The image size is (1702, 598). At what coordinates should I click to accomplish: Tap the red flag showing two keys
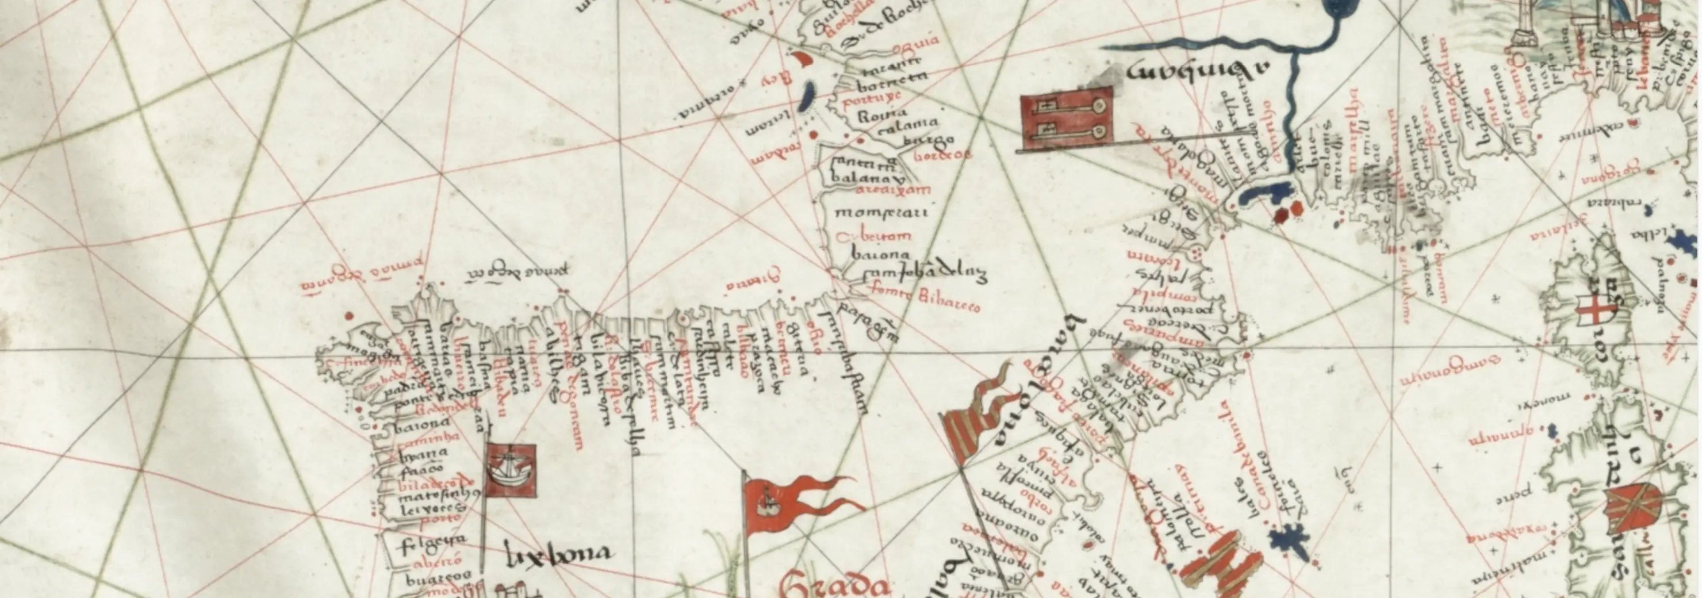(x=1065, y=120)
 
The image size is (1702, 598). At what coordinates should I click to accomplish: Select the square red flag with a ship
(x=510, y=470)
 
